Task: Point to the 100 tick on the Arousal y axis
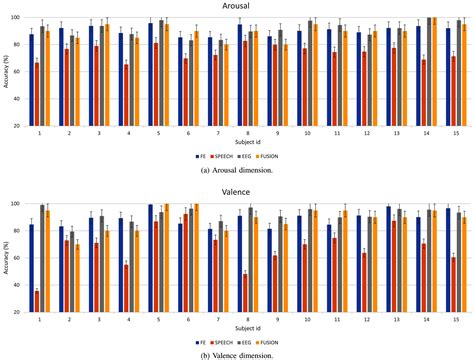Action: click(x=17, y=18)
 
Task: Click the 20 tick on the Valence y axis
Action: click(x=17, y=314)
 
